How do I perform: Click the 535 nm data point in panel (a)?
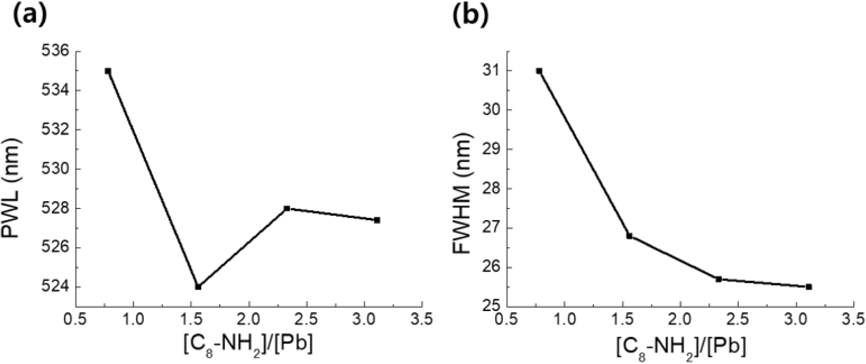pos(108,71)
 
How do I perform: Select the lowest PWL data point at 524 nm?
pos(198,287)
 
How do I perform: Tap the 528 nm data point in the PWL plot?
pos(287,208)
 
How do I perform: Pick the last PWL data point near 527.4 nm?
pos(377,220)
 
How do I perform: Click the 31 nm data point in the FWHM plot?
pos(539,71)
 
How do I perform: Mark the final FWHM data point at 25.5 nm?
pos(809,287)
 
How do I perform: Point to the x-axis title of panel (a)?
pos(249,346)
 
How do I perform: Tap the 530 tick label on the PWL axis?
pos(54,169)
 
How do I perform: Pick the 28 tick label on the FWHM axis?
pos(491,188)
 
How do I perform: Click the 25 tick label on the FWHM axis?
pos(491,307)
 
